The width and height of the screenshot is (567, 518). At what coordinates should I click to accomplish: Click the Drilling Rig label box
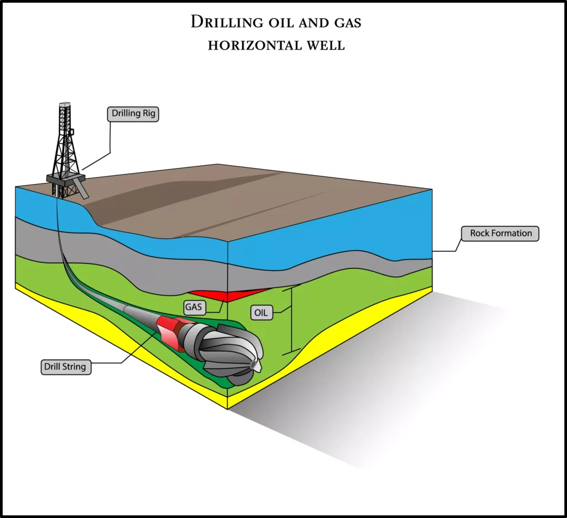coord(133,114)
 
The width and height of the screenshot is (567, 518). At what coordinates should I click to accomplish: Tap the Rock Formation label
coord(500,233)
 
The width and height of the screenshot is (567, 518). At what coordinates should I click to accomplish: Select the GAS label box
coord(194,307)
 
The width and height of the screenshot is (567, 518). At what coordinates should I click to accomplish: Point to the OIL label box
coord(261,313)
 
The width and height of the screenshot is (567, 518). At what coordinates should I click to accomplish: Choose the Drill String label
coord(65,367)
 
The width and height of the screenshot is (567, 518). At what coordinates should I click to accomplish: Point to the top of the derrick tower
coord(65,104)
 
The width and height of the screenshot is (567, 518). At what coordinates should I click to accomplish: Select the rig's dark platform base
coord(66,179)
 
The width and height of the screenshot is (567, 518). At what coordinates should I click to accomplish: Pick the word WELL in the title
coord(326,45)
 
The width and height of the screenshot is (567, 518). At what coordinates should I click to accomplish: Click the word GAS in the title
coord(348,23)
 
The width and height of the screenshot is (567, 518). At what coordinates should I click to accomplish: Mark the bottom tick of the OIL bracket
coord(291,352)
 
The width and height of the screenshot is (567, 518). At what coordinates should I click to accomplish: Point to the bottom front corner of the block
coord(228,409)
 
